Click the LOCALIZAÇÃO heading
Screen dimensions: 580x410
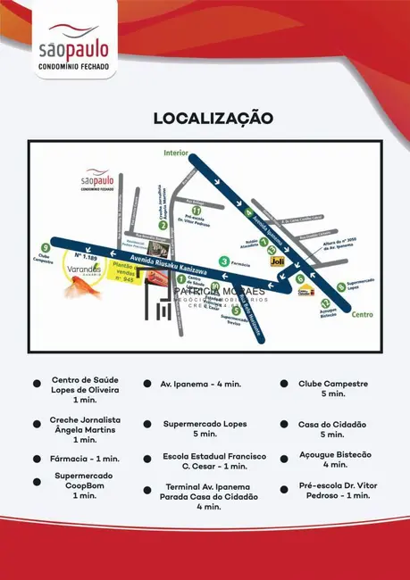click(213, 118)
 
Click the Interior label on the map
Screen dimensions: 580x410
click(176, 153)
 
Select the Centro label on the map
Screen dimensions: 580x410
click(362, 314)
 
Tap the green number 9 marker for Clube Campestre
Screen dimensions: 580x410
click(46, 247)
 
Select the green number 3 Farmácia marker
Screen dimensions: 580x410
click(223, 261)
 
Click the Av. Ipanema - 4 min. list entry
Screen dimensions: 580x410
click(200, 384)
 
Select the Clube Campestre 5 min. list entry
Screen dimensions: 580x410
click(332, 388)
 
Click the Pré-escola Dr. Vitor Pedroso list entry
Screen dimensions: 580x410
click(334, 490)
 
